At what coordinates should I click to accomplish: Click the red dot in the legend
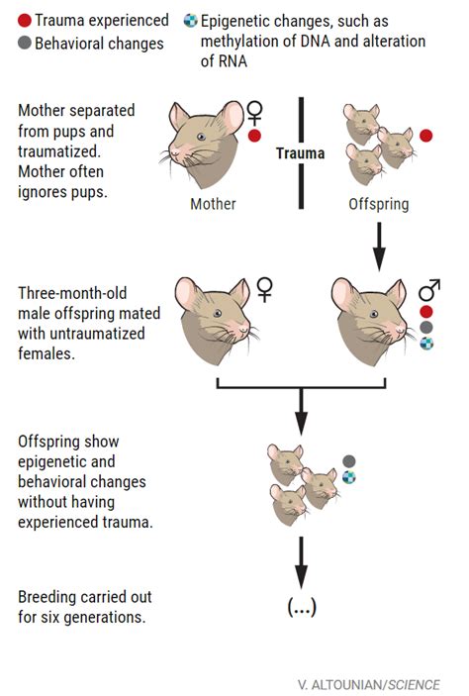[23, 20]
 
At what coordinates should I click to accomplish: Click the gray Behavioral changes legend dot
[23, 43]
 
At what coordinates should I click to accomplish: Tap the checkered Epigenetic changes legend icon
[189, 20]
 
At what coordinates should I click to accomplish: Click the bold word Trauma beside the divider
[299, 153]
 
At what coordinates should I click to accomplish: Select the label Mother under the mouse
[213, 204]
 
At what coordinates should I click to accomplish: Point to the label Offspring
[377, 204]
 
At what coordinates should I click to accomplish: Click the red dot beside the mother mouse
[255, 136]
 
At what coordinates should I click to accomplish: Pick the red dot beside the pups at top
[426, 135]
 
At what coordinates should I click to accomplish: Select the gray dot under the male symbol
[426, 326]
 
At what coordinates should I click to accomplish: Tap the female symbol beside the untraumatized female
[263, 288]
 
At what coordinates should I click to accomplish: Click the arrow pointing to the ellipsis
[301, 565]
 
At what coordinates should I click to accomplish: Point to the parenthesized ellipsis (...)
[301, 607]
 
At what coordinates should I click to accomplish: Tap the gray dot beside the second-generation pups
[348, 460]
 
